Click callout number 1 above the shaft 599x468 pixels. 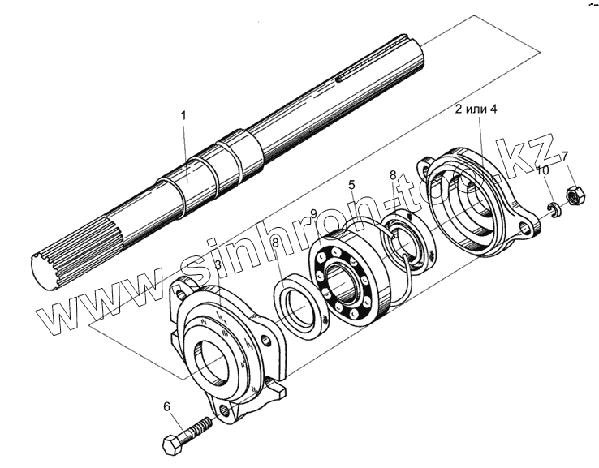coord(183,116)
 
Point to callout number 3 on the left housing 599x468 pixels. coord(218,265)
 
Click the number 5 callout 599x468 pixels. coord(351,185)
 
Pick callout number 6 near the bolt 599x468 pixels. coord(167,407)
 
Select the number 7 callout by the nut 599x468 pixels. coord(565,156)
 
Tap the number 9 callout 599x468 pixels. coord(312,213)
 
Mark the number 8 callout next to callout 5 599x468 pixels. coord(393,175)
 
